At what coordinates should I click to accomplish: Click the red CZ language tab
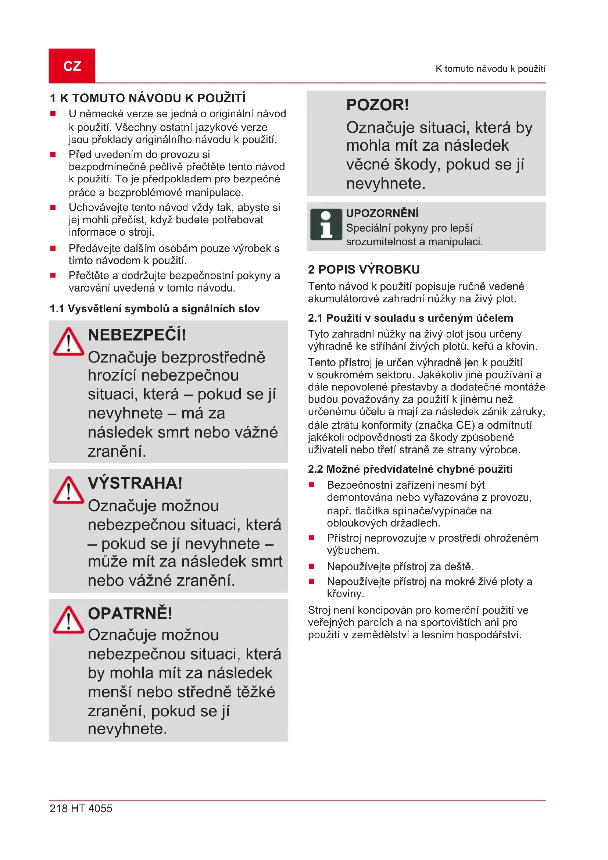click(72, 65)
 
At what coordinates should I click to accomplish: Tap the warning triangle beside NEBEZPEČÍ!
click(68, 342)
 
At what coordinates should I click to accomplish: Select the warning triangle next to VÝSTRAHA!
click(68, 490)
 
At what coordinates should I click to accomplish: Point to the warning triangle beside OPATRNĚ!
click(68, 620)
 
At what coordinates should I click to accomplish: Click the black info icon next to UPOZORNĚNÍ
click(326, 225)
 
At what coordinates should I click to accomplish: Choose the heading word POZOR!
click(378, 105)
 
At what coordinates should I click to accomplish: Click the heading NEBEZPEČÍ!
click(137, 335)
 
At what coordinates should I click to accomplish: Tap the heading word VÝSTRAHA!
click(135, 483)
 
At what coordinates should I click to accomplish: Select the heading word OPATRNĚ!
click(130, 614)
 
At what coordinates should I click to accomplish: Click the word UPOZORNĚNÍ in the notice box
click(382, 213)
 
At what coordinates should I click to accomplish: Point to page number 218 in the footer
click(58, 808)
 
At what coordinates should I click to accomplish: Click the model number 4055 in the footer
click(100, 808)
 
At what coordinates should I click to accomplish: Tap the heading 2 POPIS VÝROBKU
click(364, 269)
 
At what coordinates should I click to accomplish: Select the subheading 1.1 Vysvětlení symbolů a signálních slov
click(155, 308)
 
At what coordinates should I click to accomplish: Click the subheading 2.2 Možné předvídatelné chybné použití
click(410, 469)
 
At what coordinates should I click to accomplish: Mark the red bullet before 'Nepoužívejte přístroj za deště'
click(311, 566)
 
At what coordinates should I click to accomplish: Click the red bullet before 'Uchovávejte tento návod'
click(53, 207)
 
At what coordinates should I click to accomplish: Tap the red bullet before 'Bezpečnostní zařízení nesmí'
click(311, 485)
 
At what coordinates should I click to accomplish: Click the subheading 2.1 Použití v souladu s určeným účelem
click(410, 318)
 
